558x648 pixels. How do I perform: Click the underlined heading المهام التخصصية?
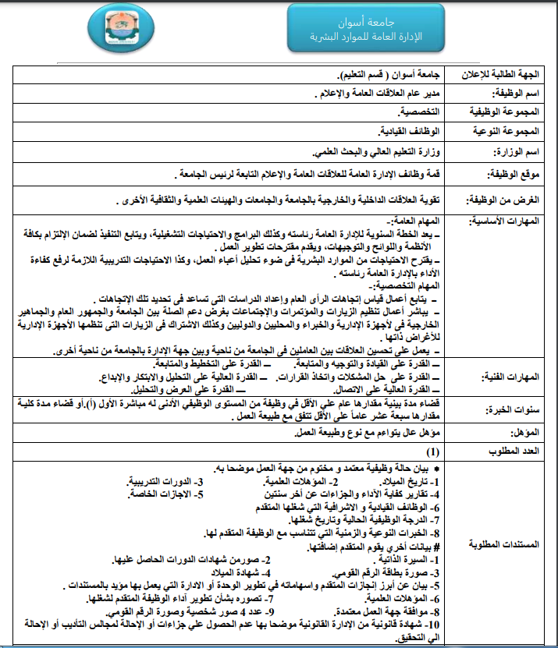(408, 286)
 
